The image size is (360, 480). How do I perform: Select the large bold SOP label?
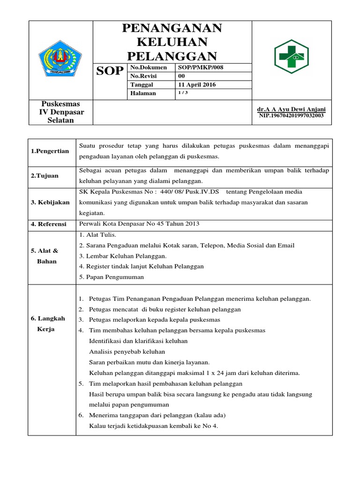coord(110,71)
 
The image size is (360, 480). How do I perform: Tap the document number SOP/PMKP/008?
coord(201,67)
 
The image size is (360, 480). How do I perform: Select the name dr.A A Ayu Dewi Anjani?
coord(292,109)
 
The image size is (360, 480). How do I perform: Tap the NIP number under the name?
coord(292,115)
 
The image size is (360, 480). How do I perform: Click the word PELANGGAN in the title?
coord(172,57)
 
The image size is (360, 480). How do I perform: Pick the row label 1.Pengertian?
coord(50,151)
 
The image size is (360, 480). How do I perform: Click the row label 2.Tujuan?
coord(45,175)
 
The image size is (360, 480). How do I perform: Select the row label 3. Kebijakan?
coord(50,202)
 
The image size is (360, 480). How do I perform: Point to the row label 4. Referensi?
coord(49,224)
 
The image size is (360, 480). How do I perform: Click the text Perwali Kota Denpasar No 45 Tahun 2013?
coord(140,224)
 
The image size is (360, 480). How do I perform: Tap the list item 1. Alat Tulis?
coord(97,234)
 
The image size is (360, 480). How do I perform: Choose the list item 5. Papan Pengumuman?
coord(112,277)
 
